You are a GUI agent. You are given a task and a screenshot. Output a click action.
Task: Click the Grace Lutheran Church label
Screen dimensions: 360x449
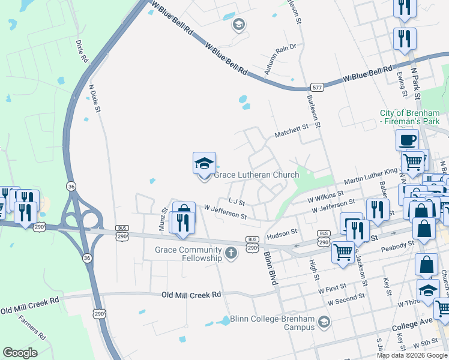[x=256, y=175]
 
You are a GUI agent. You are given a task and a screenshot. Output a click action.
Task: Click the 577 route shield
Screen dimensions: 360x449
[x=318, y=88]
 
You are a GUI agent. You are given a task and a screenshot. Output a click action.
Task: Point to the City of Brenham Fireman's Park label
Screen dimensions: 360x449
[x=414, y=118]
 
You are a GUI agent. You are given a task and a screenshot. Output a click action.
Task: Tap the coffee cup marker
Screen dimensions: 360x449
[x=407, y=140]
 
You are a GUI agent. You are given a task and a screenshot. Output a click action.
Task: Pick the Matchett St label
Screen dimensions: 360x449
[x=291, y=127]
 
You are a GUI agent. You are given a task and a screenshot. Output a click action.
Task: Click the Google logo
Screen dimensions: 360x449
[x=20, y=352]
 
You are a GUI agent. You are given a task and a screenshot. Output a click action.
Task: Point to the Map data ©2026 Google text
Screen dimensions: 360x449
[x=412, y=355]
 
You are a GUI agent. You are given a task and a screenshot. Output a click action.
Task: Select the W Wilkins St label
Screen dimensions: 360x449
[x=325, y=194]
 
